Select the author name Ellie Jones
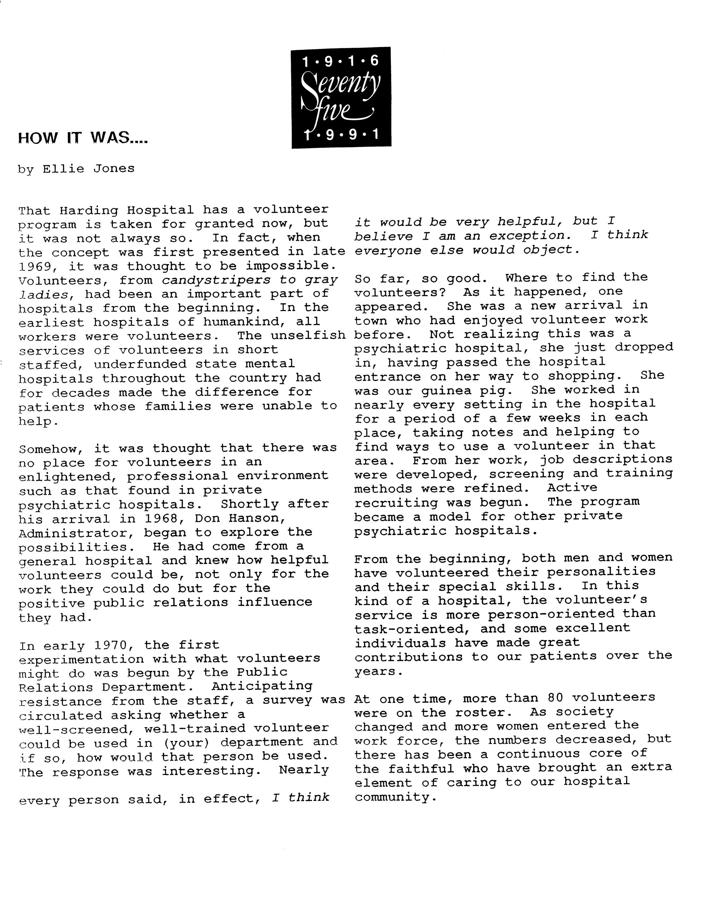[x=88, y=169]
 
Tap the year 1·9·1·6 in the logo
[x=341, y=62]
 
